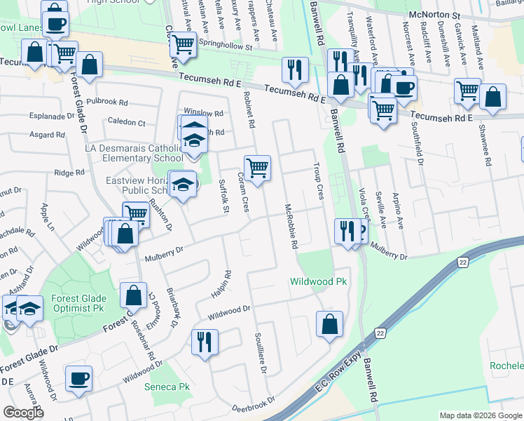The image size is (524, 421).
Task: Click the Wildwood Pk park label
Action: pos(319,281)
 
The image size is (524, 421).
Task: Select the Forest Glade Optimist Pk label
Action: pos(79,303)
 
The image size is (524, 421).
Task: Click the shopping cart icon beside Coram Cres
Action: pos(258,168)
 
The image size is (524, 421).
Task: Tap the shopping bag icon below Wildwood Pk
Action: pos(329,324)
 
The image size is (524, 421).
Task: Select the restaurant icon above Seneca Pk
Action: pos(205,342)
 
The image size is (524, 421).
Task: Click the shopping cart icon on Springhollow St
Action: pos(183,44)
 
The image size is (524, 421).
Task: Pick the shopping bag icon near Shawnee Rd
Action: pos(493,98)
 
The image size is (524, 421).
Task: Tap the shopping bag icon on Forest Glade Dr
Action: pos(133,295)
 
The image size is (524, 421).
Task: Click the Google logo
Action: pos(23,413)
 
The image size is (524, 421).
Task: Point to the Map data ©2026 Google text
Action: pos(481,415)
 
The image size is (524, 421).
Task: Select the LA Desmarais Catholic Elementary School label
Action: pos(135,153)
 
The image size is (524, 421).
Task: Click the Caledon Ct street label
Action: pos(127,121)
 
